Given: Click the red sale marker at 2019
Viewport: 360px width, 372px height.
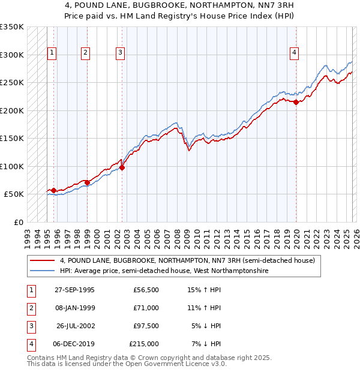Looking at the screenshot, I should tap(296, 103).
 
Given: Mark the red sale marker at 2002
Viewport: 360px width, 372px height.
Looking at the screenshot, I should tap(122, 168).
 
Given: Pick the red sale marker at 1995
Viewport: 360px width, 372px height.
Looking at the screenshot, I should tap(54, 191).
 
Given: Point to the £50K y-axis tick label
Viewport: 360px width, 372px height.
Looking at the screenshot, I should tap(14, 194).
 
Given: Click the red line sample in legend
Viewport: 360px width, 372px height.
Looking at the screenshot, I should tap(43, 261).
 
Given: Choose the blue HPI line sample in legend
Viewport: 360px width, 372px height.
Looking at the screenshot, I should tap(43, 271).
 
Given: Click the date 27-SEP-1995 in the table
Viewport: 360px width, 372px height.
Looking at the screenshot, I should tap(74, 290).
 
